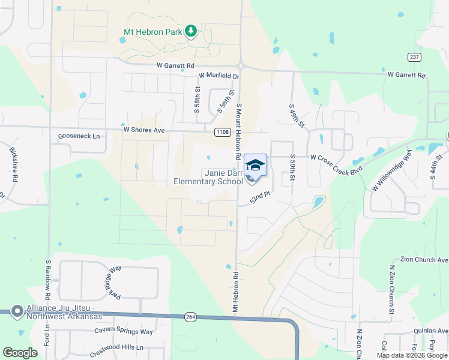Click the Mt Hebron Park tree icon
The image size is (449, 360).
pos(191,31)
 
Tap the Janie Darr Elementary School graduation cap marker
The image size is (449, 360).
pos(255,164)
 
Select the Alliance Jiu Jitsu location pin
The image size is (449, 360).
pos(17,311)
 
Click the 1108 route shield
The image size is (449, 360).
pos(223,131)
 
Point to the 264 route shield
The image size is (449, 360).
pos(190,316)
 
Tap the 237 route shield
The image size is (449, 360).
pos(414,57)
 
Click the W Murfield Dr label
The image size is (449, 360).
pos(218,76)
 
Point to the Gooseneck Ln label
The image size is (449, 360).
pos(79,136)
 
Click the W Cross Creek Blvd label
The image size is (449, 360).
pos(337,157)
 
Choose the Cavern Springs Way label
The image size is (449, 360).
pos(124,331)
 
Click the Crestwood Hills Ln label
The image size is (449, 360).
pos(117,347)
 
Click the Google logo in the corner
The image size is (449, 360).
pos(20,353)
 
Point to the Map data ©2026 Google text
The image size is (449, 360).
pos(411,355)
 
